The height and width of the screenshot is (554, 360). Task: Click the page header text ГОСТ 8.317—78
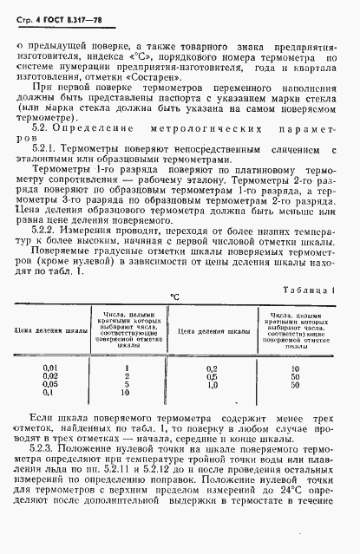[x=67, y=11]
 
